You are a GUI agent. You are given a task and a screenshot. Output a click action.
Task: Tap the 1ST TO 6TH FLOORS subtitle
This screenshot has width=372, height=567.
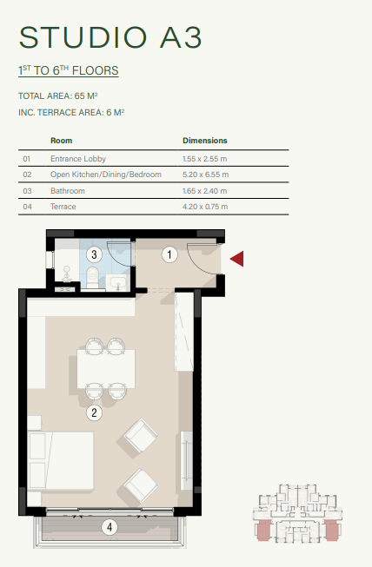click(68, 70)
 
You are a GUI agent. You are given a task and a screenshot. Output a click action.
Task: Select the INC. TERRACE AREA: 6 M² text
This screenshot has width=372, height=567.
click(72, 113)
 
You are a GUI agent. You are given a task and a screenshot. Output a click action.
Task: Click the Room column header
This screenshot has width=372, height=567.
click(61, 140)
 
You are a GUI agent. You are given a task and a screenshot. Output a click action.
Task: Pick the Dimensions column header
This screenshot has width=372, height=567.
click(205, 140)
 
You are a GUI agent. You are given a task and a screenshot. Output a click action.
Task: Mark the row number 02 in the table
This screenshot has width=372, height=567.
click(27, 175)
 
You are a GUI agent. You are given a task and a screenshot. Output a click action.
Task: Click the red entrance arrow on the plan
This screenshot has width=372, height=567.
click(236, 258)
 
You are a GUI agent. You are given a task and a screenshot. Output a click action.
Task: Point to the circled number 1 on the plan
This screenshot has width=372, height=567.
click(170, 254)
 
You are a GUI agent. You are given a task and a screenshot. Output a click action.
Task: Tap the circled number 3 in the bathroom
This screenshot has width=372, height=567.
click(95, 254)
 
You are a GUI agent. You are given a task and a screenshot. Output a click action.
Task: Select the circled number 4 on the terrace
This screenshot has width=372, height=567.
click(109, 526)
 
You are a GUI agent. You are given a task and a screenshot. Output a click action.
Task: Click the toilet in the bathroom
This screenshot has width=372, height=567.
click(93, 277)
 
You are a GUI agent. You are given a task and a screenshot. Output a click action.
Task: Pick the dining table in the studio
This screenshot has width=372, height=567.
click(105, 368)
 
